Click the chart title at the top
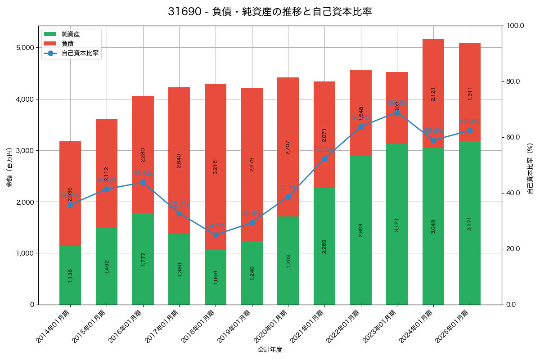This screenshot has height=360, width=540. tap(270, 12)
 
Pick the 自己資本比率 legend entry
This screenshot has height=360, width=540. tap(80, 53)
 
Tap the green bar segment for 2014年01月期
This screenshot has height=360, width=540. tap(70, 275)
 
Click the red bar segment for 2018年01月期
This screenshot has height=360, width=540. tap(216, 166)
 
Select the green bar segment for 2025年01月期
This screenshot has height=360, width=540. tap(470, 223)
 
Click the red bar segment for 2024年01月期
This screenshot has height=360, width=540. tap(433, 94)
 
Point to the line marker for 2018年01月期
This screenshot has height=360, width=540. tap(216, 235)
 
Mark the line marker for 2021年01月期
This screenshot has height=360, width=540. tap(324, 159)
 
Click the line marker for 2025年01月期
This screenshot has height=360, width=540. tap(470, 130)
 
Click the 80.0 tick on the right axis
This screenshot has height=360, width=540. tap(513, 81)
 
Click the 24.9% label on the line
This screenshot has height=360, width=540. tap(216, 226)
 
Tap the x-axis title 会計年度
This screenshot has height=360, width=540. tap(270, 350)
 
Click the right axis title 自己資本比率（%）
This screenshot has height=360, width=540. tap(530, 169)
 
